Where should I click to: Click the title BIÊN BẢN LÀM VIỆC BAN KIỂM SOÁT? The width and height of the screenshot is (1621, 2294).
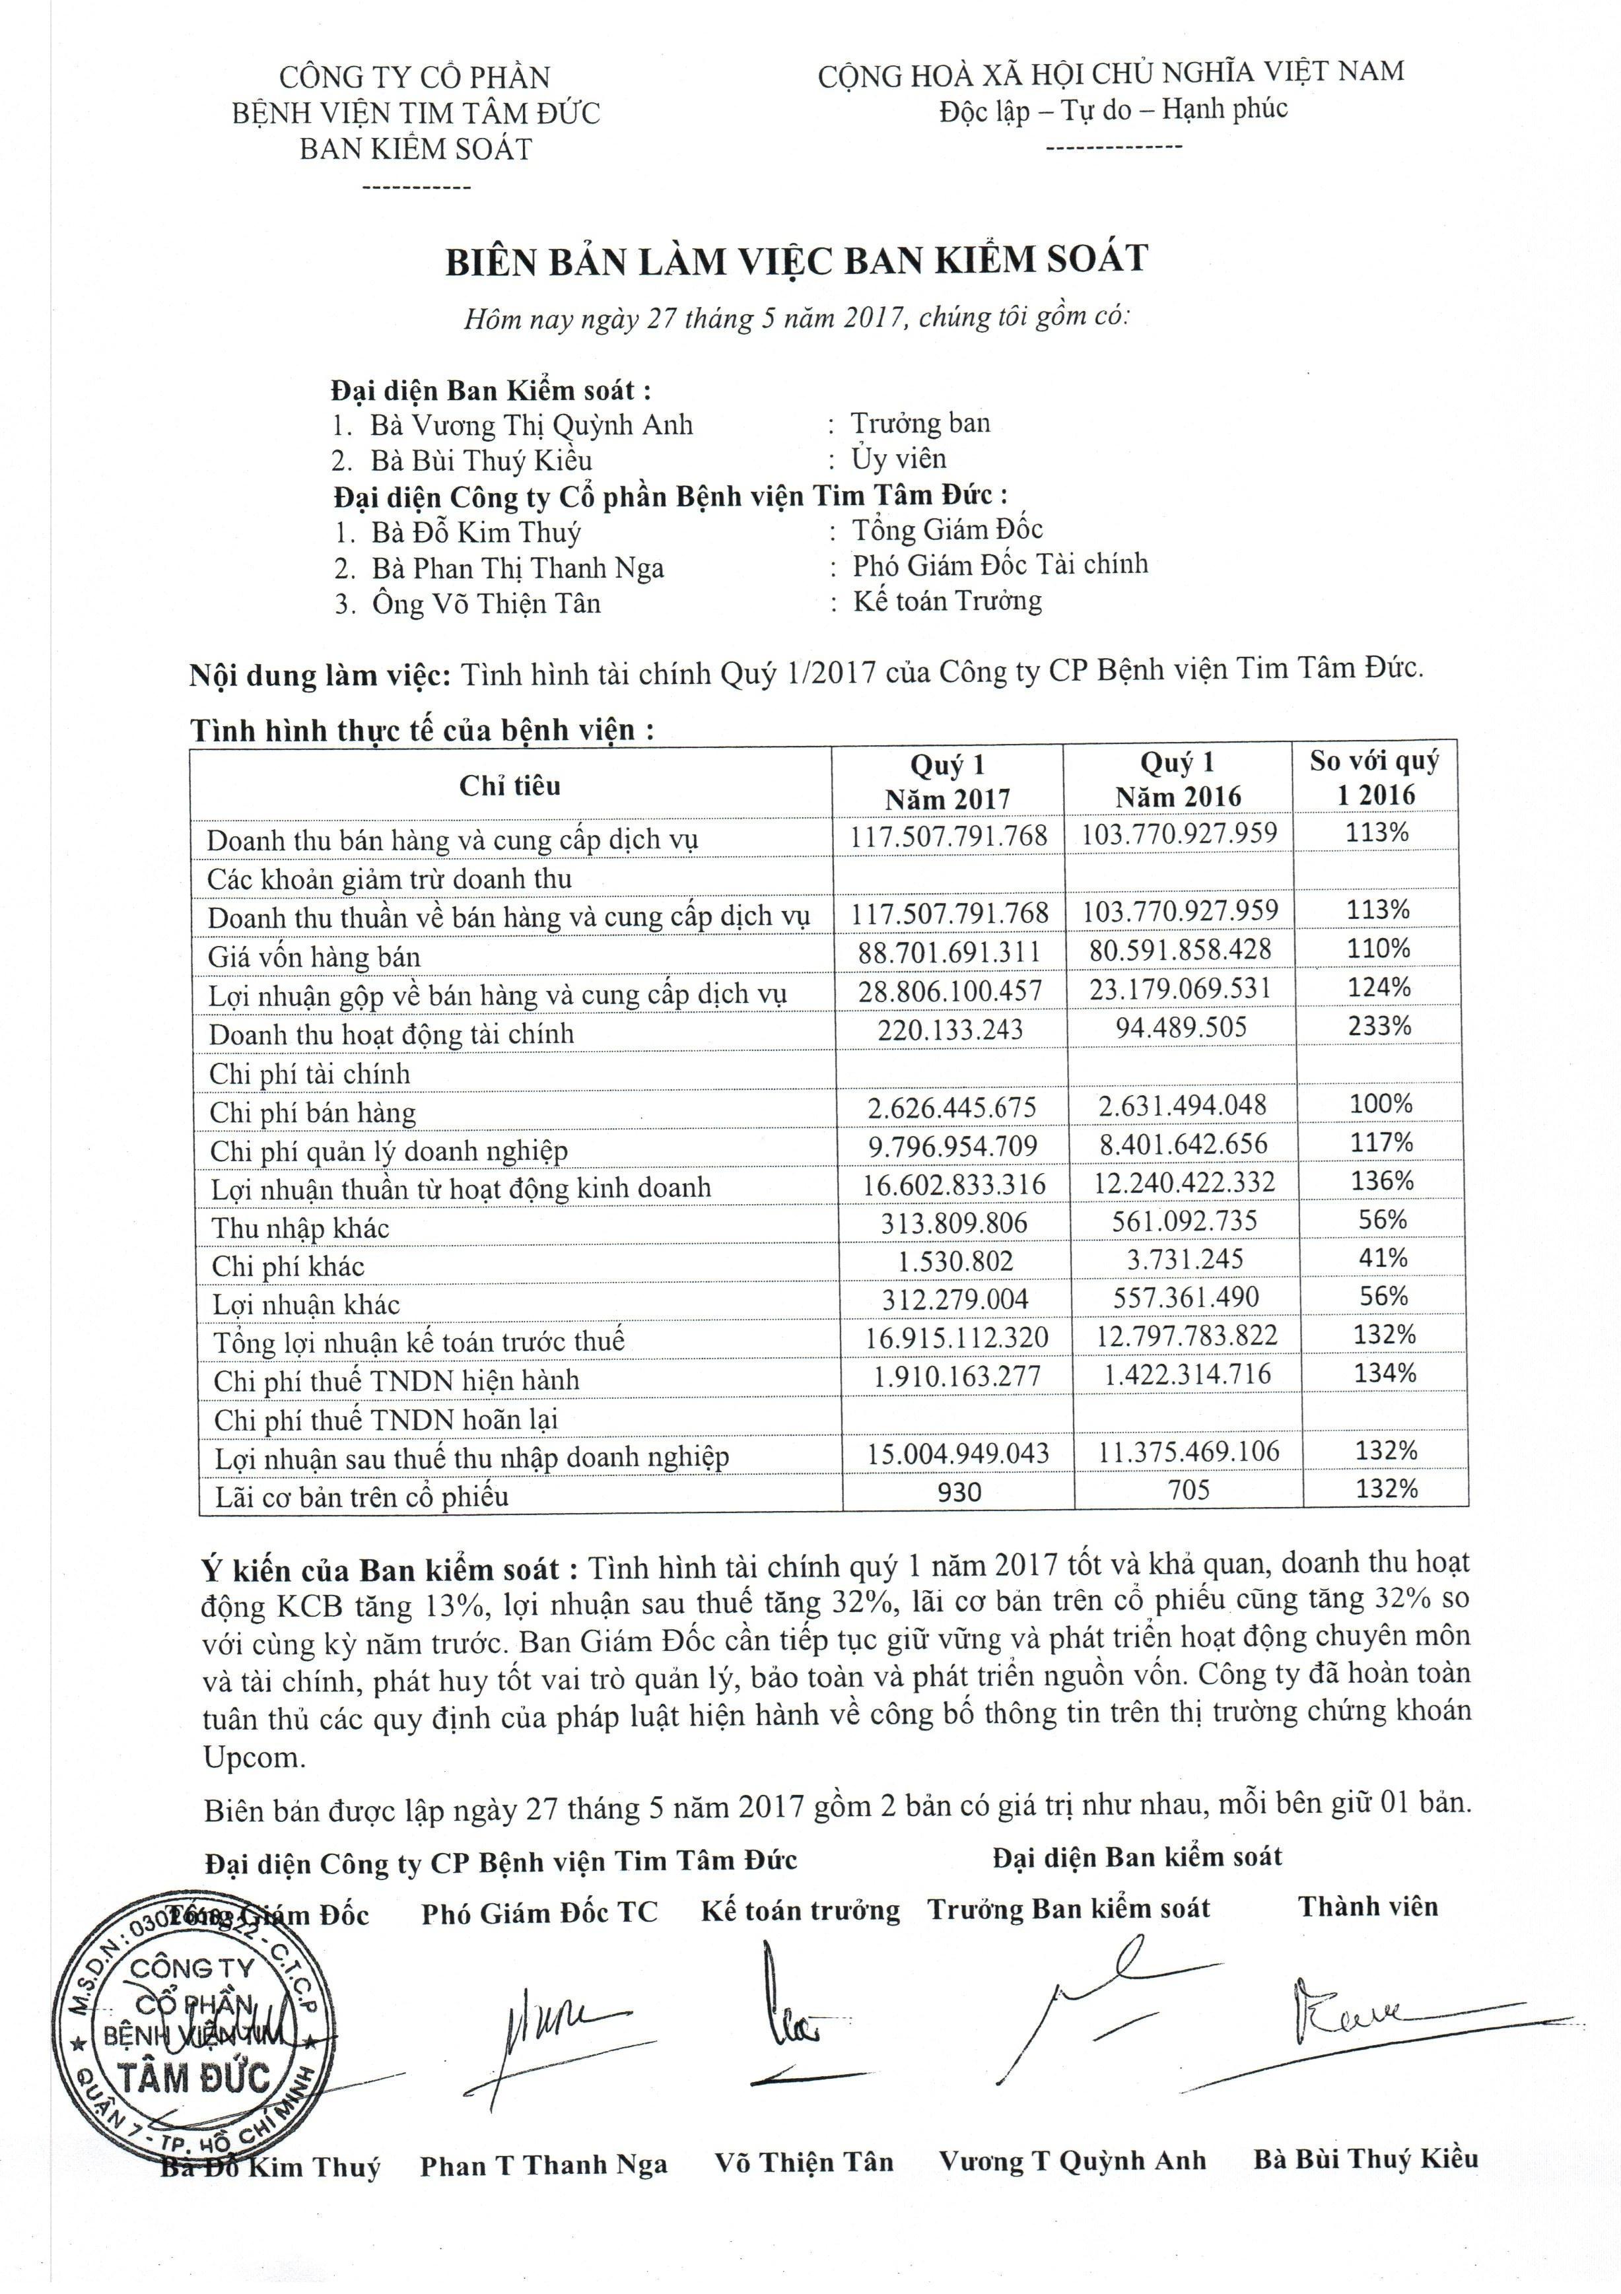[796, 260]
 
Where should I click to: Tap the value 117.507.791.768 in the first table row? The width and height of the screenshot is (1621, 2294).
[948, 835]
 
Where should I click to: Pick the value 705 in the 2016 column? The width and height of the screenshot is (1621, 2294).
[1189, 1491]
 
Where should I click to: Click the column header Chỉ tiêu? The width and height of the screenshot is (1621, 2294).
[510, 786]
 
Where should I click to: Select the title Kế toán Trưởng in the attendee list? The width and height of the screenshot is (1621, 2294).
[946, 601]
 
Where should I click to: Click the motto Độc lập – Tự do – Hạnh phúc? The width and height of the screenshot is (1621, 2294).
[1113, 109]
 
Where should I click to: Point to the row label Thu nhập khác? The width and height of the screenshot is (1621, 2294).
[300, 1228]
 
